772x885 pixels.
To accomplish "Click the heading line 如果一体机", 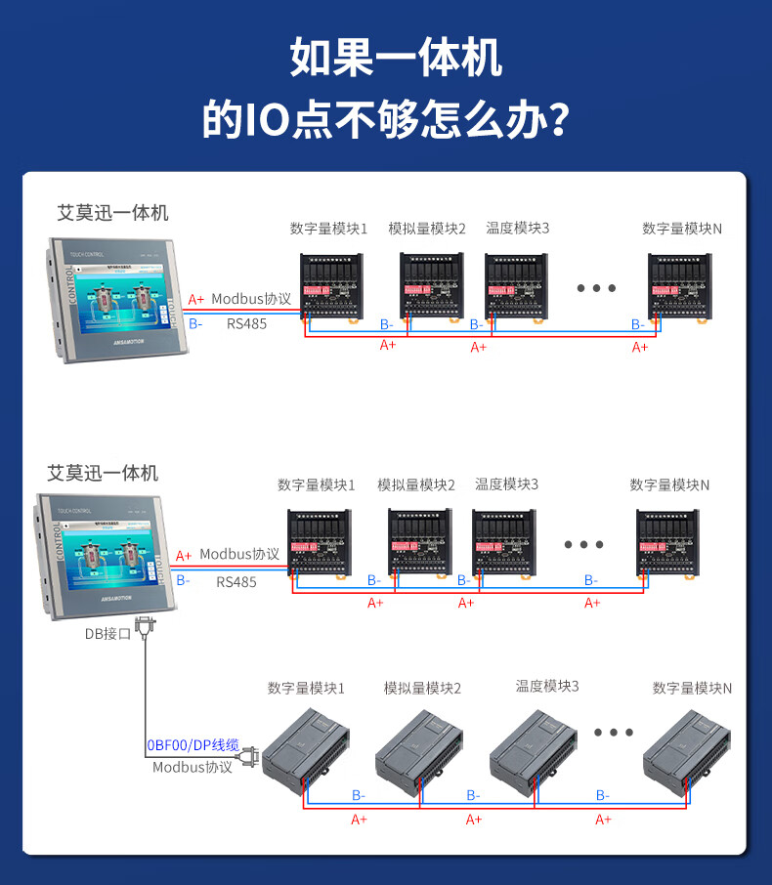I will (x=396, y=59).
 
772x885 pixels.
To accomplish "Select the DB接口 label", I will (x=107, y=635).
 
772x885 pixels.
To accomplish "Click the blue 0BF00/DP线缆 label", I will (x=193, y=745).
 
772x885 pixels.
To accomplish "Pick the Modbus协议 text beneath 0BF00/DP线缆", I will (x=193, y=768).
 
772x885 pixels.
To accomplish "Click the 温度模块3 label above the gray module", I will (x=547, y=686).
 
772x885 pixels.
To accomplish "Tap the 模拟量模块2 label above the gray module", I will (x=422, y=689).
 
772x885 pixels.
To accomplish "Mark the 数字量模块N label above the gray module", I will (x=692, y=689).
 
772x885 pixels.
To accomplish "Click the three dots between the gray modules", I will (x=614, y=732).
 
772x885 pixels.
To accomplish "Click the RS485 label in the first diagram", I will (x=246, y=324).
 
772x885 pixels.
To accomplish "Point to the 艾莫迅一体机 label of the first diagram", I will (x=113, y=212).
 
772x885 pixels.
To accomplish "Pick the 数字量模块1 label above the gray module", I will (x=306, y=689).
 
